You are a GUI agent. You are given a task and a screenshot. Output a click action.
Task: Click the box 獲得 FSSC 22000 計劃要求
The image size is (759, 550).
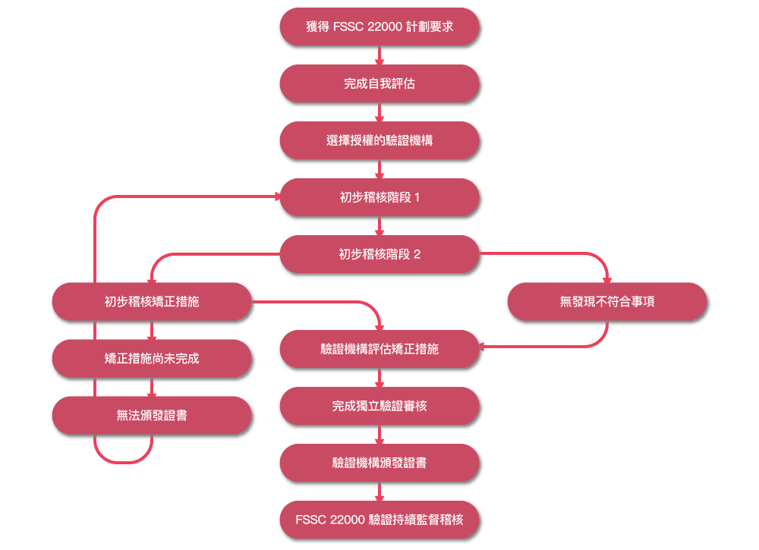pyautogui.click(x=379, y=27)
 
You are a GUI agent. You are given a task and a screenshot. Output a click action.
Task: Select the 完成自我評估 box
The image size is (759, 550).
pyautogui.click(x=379, y=83)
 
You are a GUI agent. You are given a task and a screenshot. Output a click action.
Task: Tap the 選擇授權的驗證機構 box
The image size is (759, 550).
pyautogui.click(x=379, y=140)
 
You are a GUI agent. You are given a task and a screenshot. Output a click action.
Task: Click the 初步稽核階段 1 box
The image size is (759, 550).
pyautogui.click(x=379, y=197)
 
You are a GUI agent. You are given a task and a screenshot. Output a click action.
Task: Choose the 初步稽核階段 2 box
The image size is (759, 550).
pyautogui.click(x=379, y=254)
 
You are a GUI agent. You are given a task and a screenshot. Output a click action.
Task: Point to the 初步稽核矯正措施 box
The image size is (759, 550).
pyautogui.click(x=152, y=302)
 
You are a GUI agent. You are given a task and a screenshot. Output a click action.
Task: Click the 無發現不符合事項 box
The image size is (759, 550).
pyautogui.click(x=607, y=302)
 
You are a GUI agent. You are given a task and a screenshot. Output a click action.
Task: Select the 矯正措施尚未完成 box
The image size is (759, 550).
pyautogui.click(x=152, y=358)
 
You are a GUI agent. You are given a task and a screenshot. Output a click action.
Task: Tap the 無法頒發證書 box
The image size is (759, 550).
pyautogui.click(x=152, y=416)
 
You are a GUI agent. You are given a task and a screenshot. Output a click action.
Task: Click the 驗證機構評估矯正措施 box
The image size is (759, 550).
pyautogui.click(x=379, y=349)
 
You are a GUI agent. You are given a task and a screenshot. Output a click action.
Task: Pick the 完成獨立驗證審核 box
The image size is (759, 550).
pyautogui.click(x=379, y=406)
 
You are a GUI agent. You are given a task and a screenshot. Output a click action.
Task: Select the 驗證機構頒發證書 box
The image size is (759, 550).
pyautogui.click(x=379, y=463)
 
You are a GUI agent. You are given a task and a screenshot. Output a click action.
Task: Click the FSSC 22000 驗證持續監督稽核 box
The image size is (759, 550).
pyautogui.click(x=379, y=520)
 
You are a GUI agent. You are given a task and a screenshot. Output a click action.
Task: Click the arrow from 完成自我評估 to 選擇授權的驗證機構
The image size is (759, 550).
pyautogui.click(x=379, y=112)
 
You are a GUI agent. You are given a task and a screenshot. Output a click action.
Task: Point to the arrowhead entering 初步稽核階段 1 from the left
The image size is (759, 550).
pyautogui.click(x=277, y=196)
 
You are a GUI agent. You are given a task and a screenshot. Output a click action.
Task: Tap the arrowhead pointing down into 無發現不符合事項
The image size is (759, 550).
pyautogui.click(x=607, y=280)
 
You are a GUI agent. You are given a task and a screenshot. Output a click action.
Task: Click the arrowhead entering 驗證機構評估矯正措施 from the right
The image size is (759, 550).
pyautogui.click(x=482, y=347)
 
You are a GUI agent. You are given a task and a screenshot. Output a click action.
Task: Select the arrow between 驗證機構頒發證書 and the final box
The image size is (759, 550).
pyautogui.click(x=379, y=492)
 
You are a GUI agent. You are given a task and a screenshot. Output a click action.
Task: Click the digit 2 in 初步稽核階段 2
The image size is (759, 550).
pyautogui.click(x=417, y=254)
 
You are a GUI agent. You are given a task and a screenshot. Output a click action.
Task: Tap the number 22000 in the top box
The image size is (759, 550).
pyautogui.click(x=385, y=27)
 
